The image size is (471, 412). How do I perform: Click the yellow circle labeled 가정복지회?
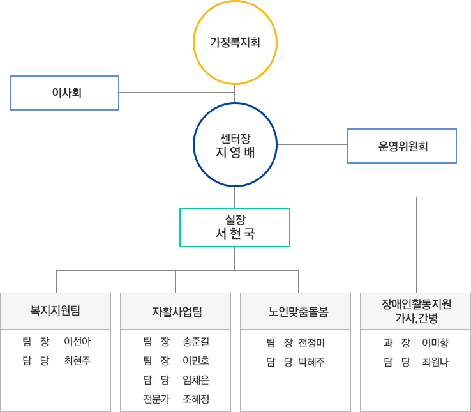pos(235,43)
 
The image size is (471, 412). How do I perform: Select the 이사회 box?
pos(64,93)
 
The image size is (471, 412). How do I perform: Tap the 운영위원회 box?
pos(402,146)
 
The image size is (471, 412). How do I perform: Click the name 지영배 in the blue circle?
pos(235,153)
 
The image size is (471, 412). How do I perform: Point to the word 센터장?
pos(235,137)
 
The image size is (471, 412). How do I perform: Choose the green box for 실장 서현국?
pos(235,227)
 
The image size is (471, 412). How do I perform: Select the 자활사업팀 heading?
pos(176,312)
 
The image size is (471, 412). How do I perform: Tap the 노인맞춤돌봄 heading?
pos(295,312)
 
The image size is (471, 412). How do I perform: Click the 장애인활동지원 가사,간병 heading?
pos(415,310)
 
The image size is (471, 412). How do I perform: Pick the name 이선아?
pos(77,342)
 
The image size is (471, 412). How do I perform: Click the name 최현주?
pos(77,361)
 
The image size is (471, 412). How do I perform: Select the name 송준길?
pos(196,342)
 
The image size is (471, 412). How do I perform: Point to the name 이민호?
pos(196,361)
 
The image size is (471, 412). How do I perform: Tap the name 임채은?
pos(196,380)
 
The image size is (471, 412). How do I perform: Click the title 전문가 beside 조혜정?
pos(156,399)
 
